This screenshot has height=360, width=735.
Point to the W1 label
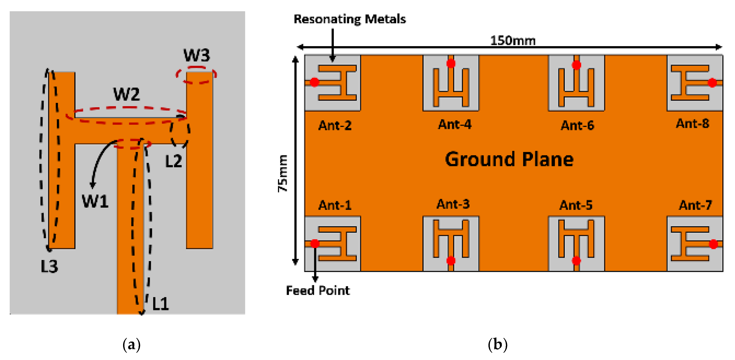95,201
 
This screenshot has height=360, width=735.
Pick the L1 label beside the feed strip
161,304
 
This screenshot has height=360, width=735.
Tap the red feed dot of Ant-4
451,63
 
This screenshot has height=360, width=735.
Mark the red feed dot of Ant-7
713,244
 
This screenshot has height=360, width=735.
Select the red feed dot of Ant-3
451,260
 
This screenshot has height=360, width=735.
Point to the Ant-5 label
576,205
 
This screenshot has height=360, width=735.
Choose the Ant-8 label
692,123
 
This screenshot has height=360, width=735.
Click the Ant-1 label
335,205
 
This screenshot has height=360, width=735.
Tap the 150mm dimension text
513,41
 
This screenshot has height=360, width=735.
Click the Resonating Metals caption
349,19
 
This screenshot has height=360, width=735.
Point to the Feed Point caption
318,290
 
